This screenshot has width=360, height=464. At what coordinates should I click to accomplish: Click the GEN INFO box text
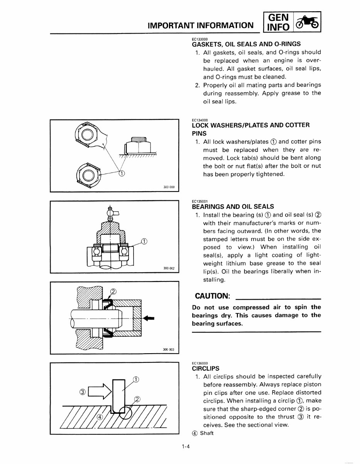click(277, 22)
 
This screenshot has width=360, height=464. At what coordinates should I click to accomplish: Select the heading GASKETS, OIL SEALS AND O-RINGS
click(246, 44)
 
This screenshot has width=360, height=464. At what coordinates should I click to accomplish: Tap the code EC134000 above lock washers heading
click(199, 120)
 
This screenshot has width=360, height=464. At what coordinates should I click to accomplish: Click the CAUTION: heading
click(213, 296)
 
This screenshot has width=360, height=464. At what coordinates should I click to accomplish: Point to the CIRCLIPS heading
click(206, 368)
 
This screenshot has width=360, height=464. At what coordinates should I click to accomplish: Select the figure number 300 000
click(169, 187)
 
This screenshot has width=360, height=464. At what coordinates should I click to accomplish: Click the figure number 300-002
click(169, 269)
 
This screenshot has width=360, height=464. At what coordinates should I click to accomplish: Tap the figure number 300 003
click(169, 350)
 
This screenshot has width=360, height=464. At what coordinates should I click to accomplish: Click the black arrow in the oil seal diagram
click(148, 318)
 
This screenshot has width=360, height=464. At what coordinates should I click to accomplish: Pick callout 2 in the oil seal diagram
click(113, 291)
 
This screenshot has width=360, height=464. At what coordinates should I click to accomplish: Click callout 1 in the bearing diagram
click(144, 242)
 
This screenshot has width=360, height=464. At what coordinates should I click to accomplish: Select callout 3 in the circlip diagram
click(82, 392)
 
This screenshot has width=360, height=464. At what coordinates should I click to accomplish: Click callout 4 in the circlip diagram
click(99, 417)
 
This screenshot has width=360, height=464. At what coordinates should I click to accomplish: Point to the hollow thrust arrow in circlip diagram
click(99, 392)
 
